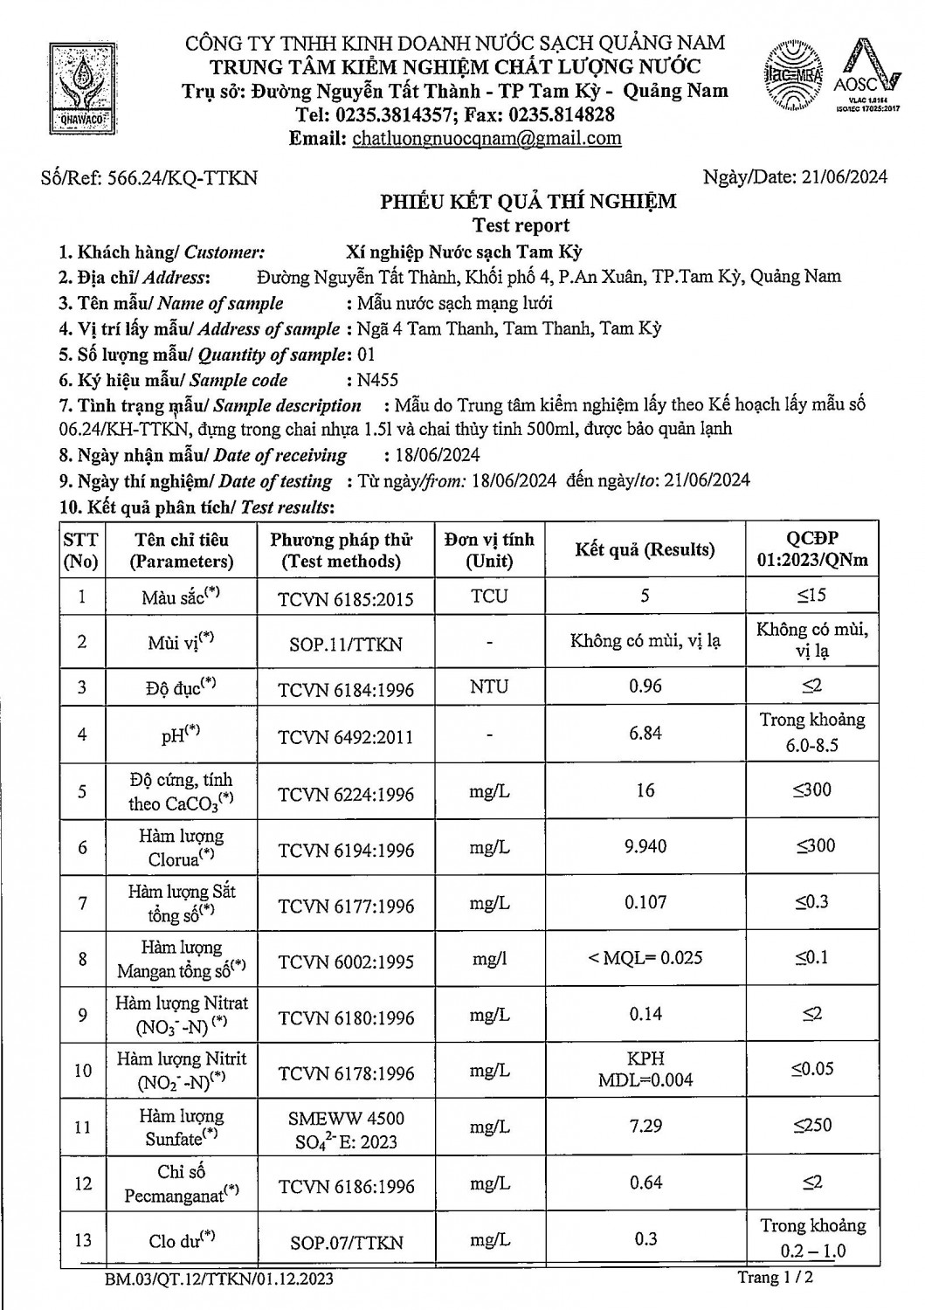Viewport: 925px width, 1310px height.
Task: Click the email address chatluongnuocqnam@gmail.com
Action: (487, 138)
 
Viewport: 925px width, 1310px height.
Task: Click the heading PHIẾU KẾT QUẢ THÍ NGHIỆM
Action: (528, 202)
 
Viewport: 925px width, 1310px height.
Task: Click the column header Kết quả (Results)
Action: (645, 549)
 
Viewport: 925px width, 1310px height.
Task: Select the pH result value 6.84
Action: (645, 733)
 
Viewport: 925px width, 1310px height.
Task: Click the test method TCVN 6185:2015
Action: (346, 599)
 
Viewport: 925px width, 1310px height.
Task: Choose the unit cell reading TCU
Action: (488, 596)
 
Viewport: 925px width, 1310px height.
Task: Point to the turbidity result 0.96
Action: (645, 686)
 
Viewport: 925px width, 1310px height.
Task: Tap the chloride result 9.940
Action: (645, 845)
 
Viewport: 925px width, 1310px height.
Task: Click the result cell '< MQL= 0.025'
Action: (645, 958)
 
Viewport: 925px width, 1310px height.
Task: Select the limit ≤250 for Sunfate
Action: (812, 1126)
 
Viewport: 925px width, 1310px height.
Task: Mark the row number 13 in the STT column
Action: (83, 1240)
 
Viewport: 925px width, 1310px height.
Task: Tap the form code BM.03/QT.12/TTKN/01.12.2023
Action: (217, 1280)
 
